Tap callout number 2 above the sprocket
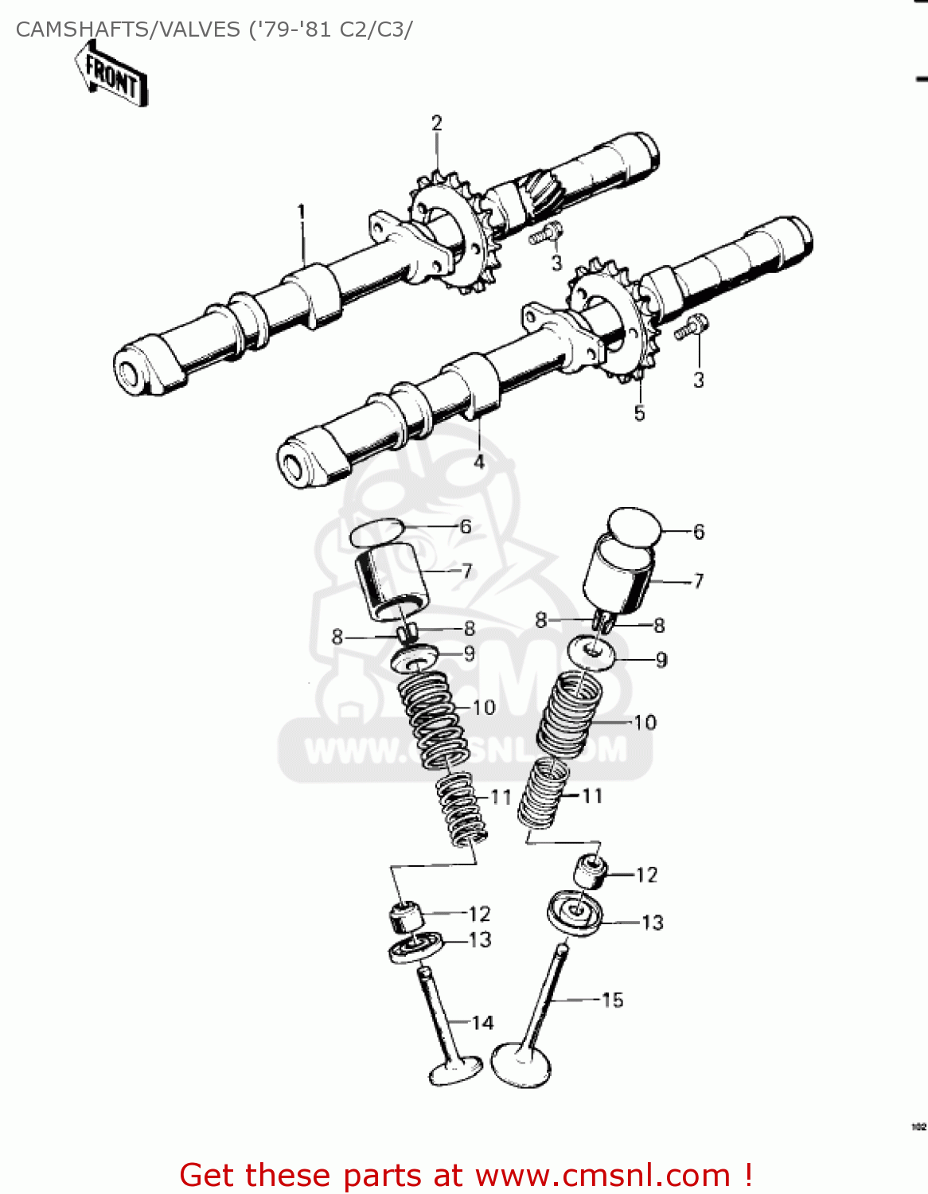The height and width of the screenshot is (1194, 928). tap(436, 123)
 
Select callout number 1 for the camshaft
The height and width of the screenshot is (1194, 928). tap(302, 212)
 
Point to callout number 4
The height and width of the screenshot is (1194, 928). tap(479, 462)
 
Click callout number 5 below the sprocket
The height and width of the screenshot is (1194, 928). tap(639, 413)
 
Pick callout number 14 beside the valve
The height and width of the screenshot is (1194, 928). tap(482, 1023)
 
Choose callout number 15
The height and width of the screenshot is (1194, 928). tap(612, 1000)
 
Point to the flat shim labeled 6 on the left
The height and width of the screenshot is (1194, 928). tap(377, 533)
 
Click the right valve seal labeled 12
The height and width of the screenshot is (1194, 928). tap(590, 869)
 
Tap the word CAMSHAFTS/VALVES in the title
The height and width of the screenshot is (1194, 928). tap(127, 29)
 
